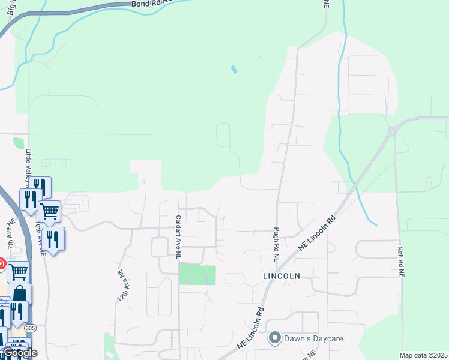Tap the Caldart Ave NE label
click(178, 237)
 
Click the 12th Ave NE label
click(120, 281)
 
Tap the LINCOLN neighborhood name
click(280, 276)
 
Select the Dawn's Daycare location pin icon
click(275, 338)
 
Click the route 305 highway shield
click(31, 328)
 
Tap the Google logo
click(19, 353)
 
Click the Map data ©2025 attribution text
click(424, 355)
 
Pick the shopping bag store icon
click(19, 294)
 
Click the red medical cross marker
click(2, 263)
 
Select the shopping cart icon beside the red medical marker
click(18, 271)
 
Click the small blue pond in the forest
click(234, 70)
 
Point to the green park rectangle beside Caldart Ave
click(197, 275)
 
